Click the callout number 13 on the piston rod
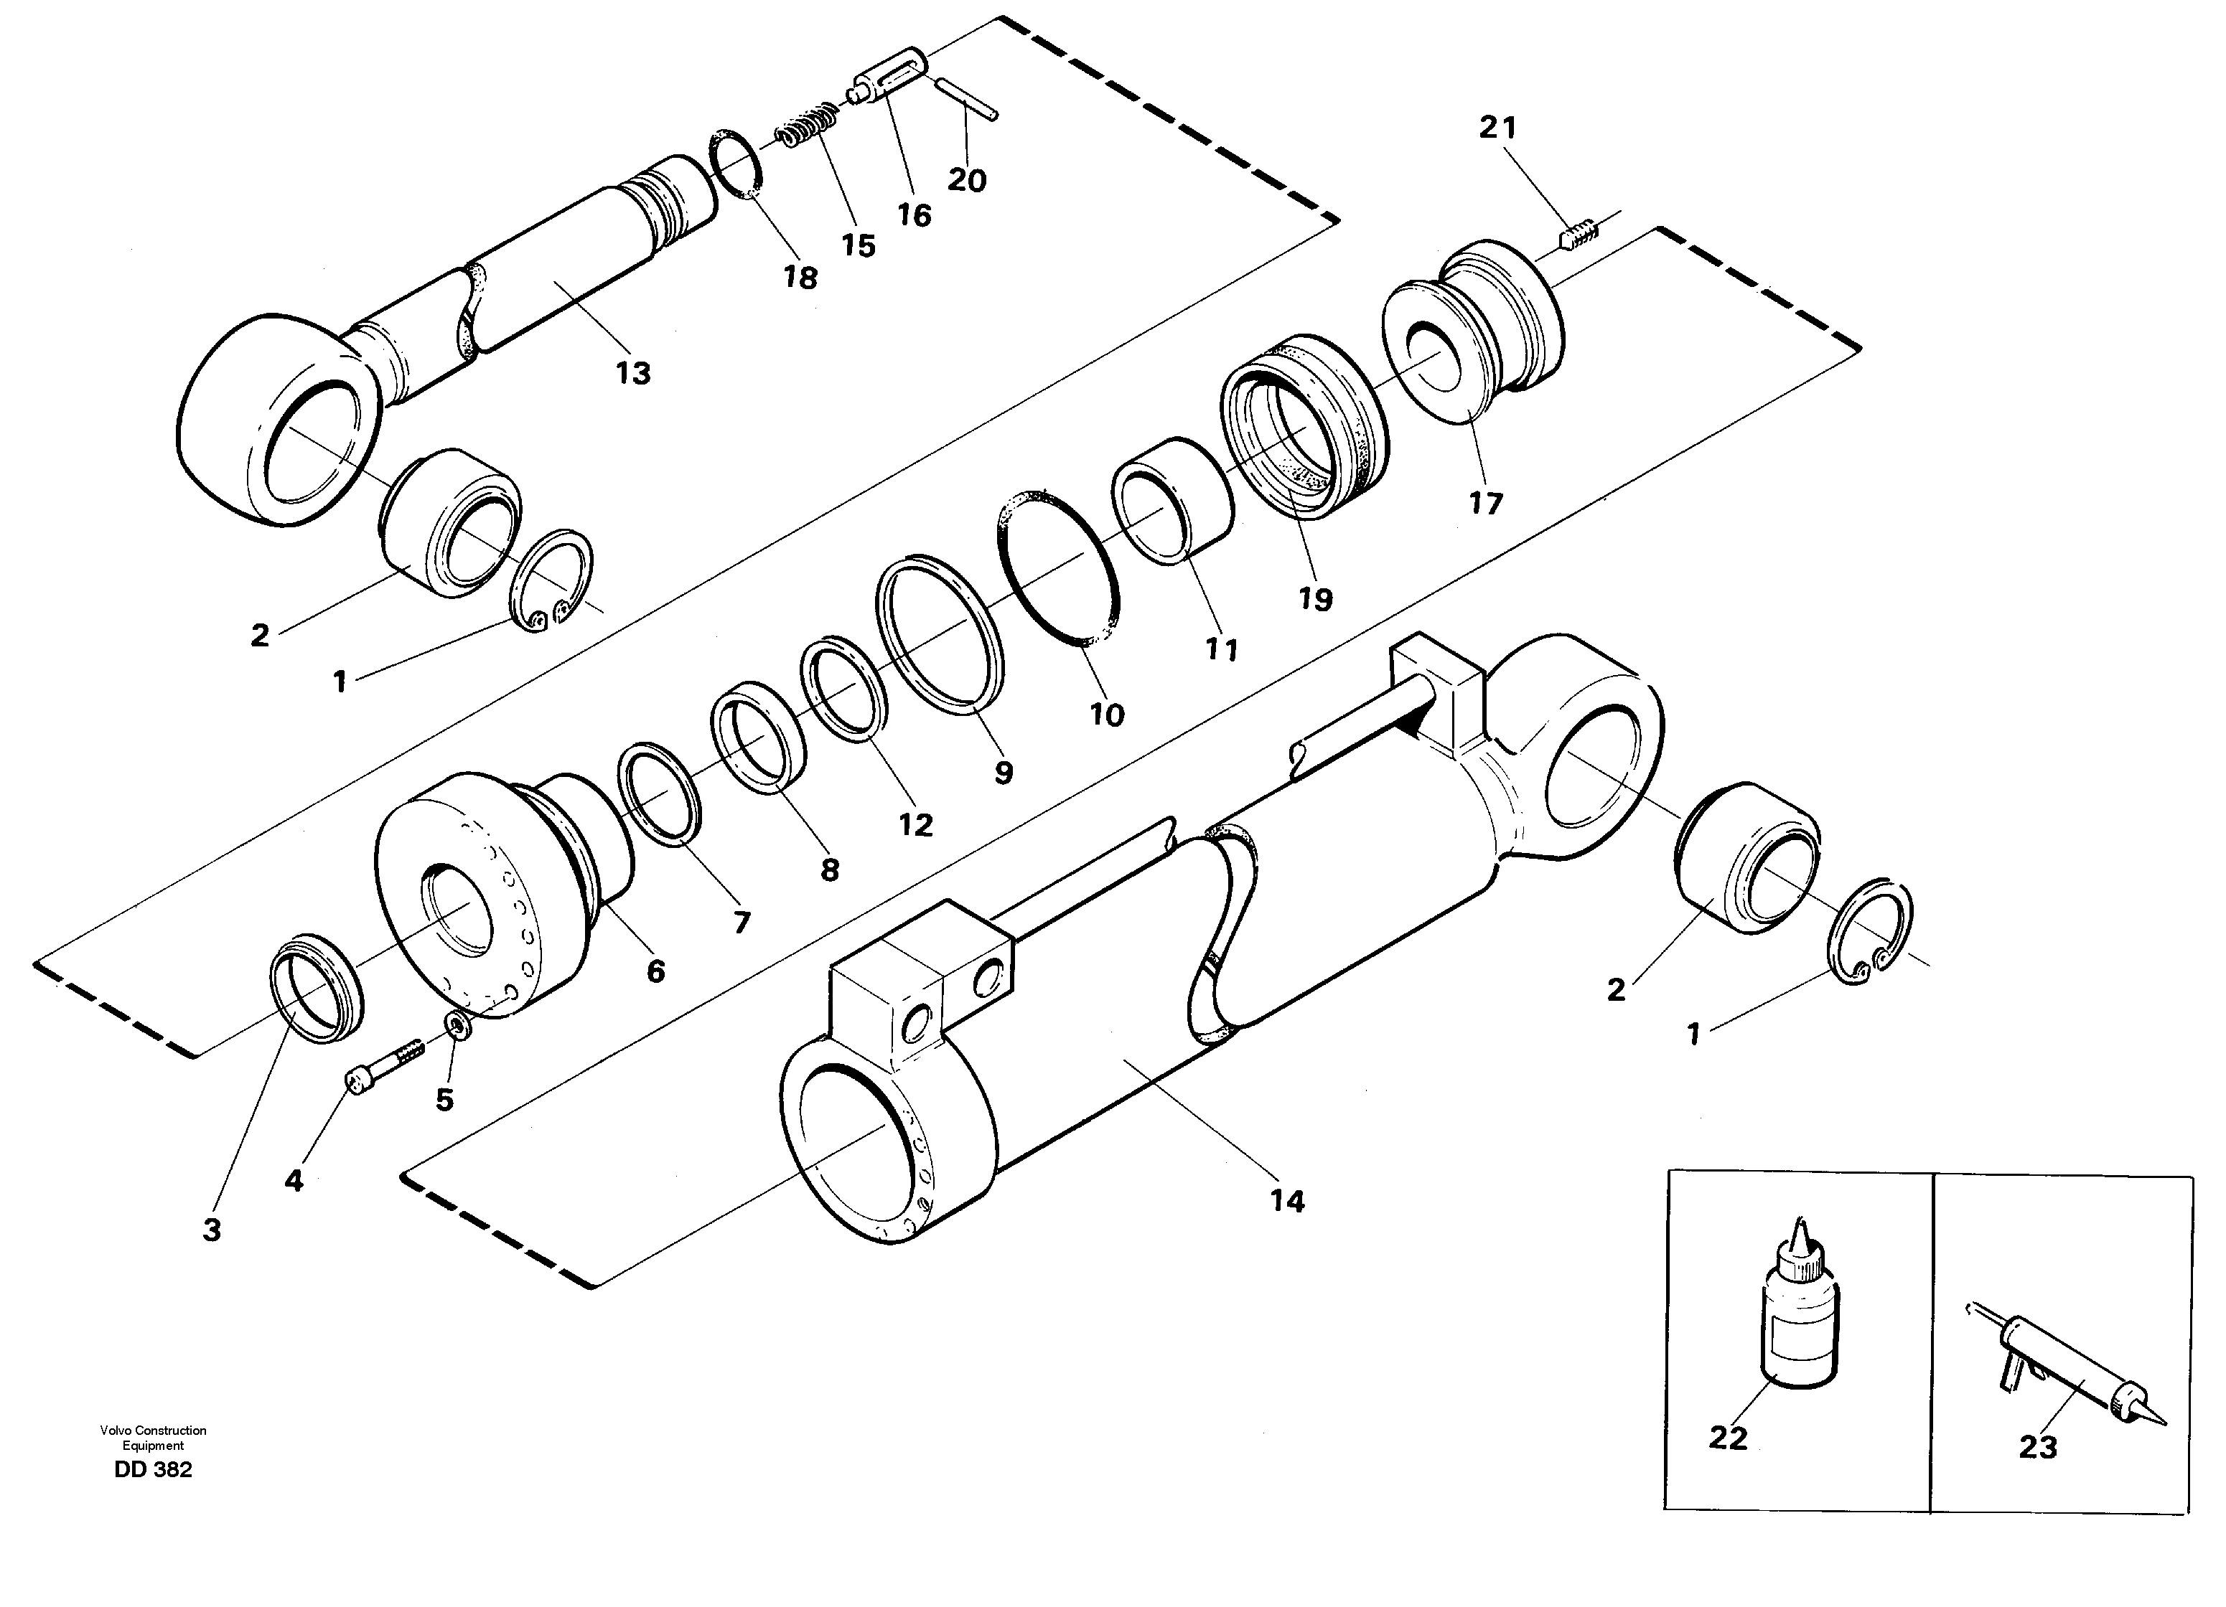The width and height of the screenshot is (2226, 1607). point(633,374)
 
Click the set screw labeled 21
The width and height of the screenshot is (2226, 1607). point(1579,237)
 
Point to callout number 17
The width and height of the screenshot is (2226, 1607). point(1485,504)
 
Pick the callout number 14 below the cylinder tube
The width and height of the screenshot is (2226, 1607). point(1287,1201)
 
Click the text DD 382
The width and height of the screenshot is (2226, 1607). point(153,1470)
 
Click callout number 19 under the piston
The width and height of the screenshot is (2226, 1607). point(1315,600)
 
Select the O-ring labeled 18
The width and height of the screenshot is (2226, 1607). point(738,162)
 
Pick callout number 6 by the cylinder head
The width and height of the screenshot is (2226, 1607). point(655,971)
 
